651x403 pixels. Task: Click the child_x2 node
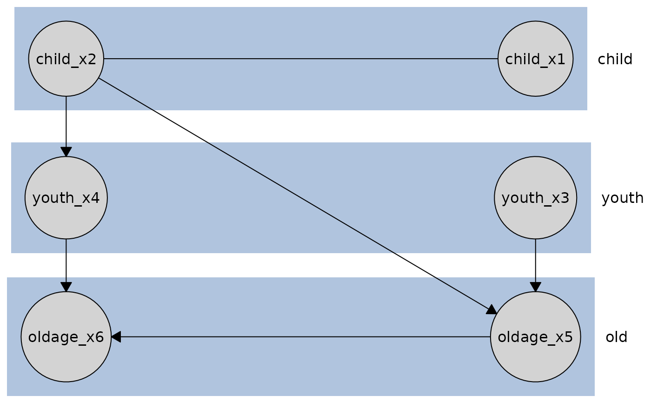click(x=66, y=59)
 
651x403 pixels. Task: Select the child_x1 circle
click(x=535, y=59)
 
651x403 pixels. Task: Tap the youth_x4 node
click(x=66, y=198)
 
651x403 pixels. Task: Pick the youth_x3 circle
click(x=535, y=198)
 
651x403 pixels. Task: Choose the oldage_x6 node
click(x=66, y=337)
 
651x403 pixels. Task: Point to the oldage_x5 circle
click(x=535, y=337)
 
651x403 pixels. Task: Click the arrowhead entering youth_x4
click(x=66, y=152)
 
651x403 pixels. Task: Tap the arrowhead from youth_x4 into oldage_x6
click(x=66, y=287)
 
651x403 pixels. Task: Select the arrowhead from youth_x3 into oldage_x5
click(x=535, y=287)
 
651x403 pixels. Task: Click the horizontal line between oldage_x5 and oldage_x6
click(x=302, y=337)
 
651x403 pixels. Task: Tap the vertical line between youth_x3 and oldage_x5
click(x=535, y=247)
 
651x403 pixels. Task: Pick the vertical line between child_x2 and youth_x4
click(x=66, y=103)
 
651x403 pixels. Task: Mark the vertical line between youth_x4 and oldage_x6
click(x=66, y=247)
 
